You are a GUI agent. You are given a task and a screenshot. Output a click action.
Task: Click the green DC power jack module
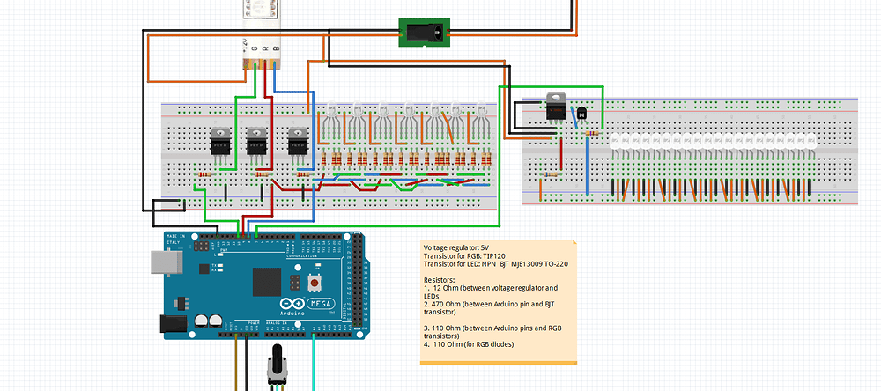coord(425,33)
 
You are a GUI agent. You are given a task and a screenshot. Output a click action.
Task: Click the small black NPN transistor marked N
coord(582,114)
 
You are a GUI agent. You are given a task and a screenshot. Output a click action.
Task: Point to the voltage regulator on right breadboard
coord(555,107)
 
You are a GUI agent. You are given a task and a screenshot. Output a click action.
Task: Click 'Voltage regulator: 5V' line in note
coord(456,247)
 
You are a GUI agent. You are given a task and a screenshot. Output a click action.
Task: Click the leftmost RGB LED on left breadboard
coord(332,112)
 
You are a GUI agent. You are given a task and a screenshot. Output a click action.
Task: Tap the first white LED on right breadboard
coord(616,141)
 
